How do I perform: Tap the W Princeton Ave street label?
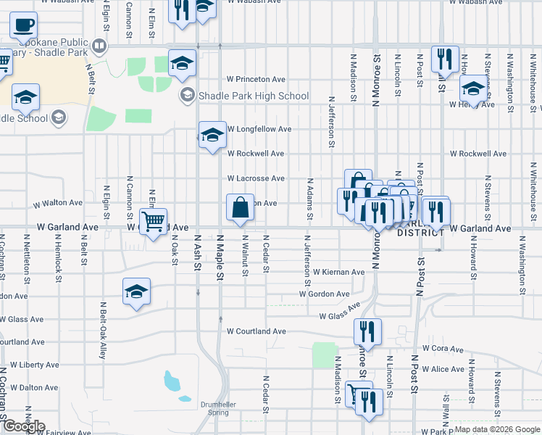click(256, 79)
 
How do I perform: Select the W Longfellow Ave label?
click(259, 129)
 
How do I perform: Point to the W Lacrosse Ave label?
click(256, 178)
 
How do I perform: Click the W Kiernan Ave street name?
click(338, 272)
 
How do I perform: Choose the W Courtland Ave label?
click(257, 331)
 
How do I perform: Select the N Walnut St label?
click(245, 254)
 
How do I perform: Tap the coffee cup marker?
click(23, 27)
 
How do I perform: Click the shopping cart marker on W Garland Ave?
click(153, 222)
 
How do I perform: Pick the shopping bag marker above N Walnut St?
click(240, 208)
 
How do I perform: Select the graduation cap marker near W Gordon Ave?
click(136, 291)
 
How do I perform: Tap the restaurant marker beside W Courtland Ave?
click(367, 332)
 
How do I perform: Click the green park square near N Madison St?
click(325, 355)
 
